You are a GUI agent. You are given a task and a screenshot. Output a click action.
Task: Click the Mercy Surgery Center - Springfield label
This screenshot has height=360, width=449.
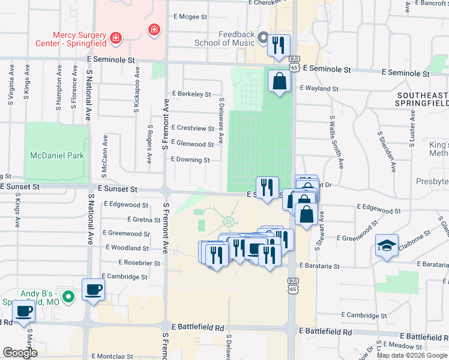coord(80,39)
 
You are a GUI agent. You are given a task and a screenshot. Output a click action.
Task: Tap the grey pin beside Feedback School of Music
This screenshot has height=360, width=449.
coord(262,39)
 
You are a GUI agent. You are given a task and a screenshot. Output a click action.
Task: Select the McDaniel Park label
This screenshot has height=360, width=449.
coord(57,155)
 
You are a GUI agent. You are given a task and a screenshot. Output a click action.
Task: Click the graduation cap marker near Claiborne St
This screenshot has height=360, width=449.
coord(387,245)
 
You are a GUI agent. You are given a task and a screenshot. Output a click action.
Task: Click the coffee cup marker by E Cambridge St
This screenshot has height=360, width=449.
coord(93,290)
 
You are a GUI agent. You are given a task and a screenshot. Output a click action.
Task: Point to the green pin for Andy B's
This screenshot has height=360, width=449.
coord(69,296)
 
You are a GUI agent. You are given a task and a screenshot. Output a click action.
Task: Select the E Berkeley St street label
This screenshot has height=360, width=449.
coord(191,94)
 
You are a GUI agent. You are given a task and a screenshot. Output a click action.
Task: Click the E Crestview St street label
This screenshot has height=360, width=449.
coord(192,128)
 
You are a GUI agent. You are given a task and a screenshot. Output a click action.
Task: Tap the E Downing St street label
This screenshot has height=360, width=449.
coord(190,160)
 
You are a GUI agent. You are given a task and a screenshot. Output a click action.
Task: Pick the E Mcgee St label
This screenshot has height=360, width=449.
coord(189,17)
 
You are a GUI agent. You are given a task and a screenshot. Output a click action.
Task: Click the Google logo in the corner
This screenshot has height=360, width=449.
coord(20,353)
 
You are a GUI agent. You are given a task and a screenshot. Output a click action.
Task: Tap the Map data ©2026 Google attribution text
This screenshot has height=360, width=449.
coord(412,355)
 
